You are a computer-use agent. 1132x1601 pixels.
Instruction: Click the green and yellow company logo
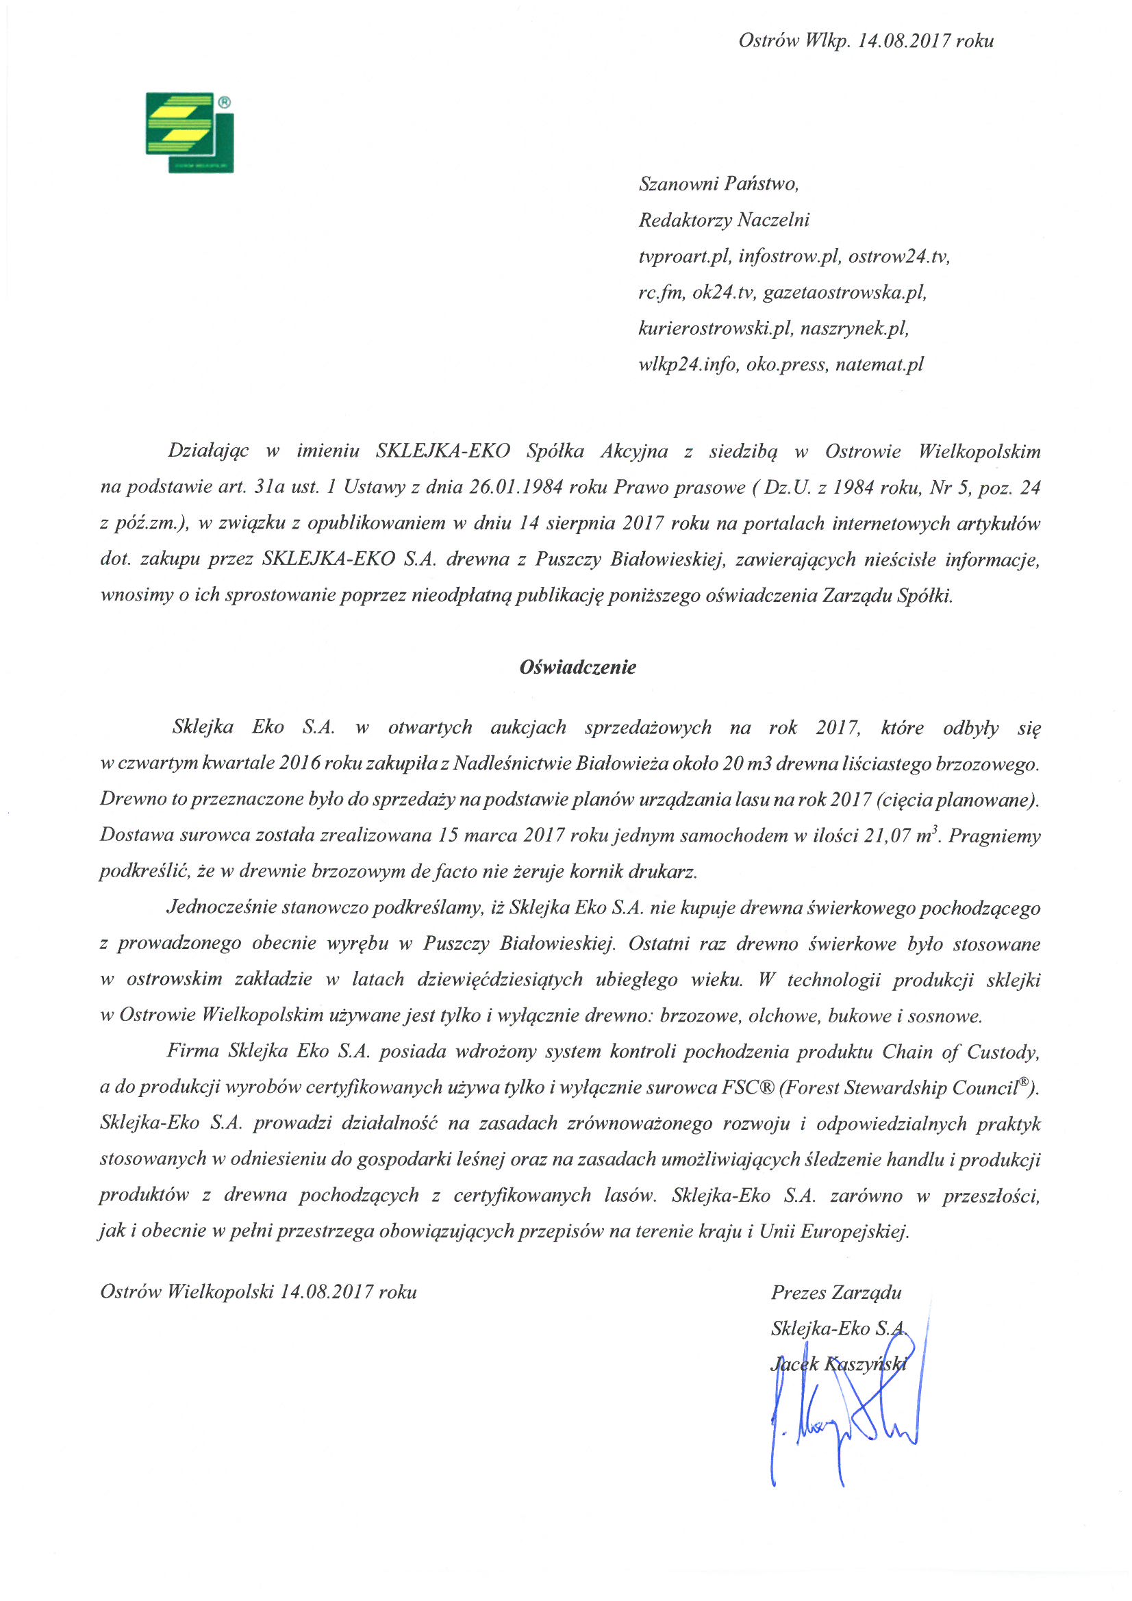189,131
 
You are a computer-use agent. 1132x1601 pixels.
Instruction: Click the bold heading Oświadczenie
577,668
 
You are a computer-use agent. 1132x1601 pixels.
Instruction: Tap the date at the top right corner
866,40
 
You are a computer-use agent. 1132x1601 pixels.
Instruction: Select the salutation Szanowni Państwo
718,184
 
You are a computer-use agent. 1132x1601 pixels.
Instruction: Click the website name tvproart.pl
684,257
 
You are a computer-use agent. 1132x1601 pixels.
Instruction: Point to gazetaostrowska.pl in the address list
844,292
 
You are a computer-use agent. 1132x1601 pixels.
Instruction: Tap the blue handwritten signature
844,1430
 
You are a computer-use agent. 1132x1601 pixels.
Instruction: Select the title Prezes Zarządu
835,1293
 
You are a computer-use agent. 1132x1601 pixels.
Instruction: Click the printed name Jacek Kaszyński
838,1364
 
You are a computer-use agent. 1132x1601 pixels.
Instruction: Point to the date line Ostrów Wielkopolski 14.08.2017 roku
259,1293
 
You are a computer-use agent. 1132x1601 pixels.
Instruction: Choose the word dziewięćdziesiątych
499,980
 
